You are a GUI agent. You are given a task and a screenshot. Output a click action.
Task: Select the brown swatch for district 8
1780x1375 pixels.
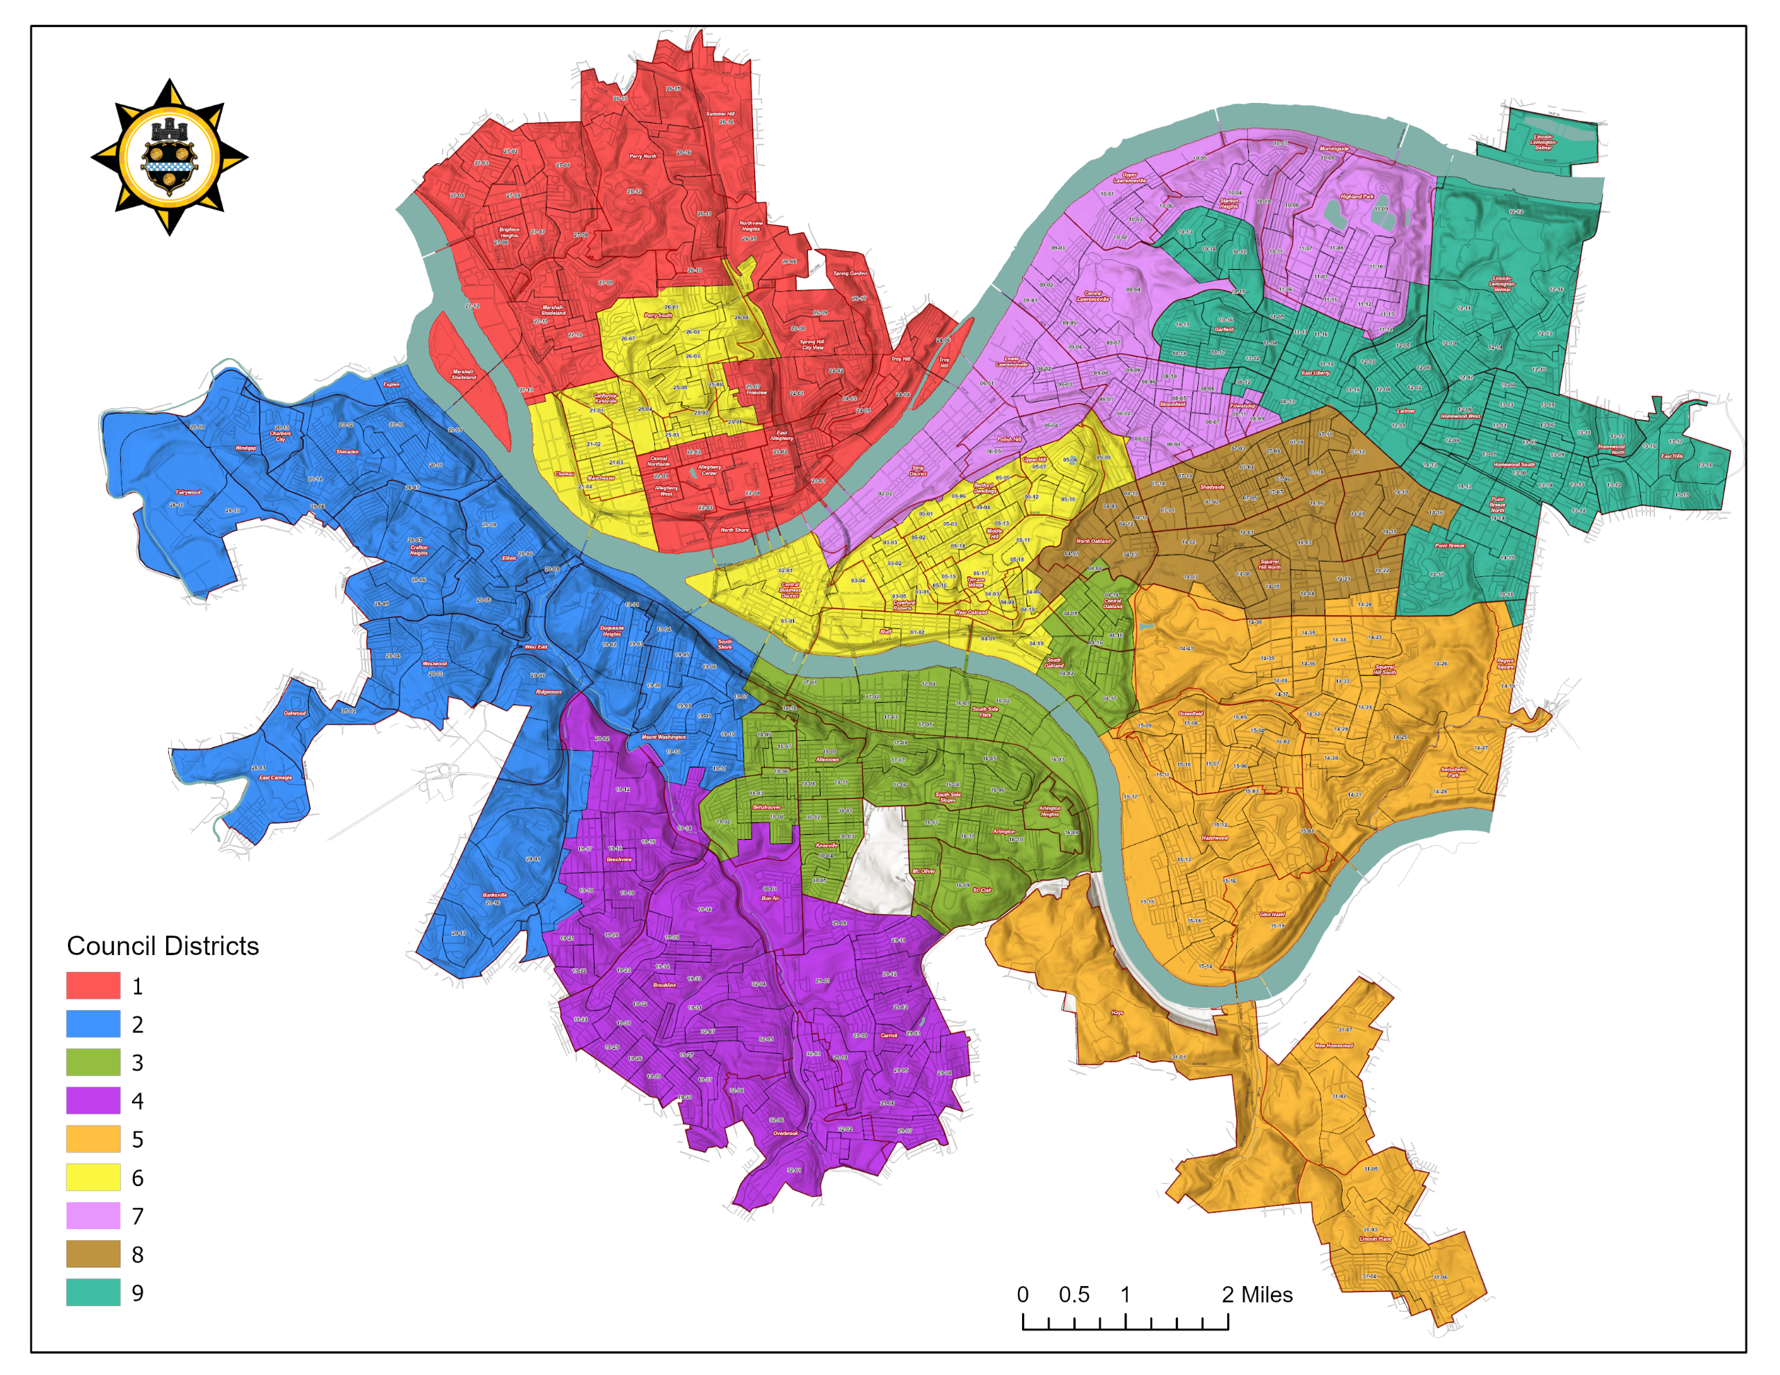pyautogui.click(x=93, y=1253)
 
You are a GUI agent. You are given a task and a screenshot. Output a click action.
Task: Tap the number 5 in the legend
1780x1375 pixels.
pyautogui.click(x=138, y=1139)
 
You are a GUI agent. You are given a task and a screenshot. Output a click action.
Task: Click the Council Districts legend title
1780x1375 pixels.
pyautogui.click(x=162, y=945)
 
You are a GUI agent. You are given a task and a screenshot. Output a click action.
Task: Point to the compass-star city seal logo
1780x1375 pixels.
pyautogui.click(x=169, y=156)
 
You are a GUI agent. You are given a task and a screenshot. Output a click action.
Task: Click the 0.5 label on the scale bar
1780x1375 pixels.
pyautogui.click(x=1074, y=1294)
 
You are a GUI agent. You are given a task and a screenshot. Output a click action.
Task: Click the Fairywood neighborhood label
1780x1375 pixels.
pyautogui.click(x=188, y=492)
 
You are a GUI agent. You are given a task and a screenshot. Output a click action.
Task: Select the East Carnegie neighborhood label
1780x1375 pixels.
pyautogui.click(x=275, y=778)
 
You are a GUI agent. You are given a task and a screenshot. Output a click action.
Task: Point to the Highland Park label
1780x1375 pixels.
pyautogui.click(x=1357, y=197)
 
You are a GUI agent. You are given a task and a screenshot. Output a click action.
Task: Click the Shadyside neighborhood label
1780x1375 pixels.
pyautogui.click(x=1212, y=487)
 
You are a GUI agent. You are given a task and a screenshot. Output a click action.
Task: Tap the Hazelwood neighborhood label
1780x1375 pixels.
pyautogui.click(x=1215, y=838)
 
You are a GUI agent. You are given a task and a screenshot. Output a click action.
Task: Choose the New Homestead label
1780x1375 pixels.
pyautogui.click(x=1334, y=1046)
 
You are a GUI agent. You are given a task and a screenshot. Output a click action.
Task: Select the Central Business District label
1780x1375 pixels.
pyautogui.click(x=790, y=590)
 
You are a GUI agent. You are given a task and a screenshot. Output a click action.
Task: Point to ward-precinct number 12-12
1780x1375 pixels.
pyautogui.click(x=1515, y=212)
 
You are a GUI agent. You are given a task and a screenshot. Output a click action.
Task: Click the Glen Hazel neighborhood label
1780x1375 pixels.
pyautogui.click(x=1272, y=915)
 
